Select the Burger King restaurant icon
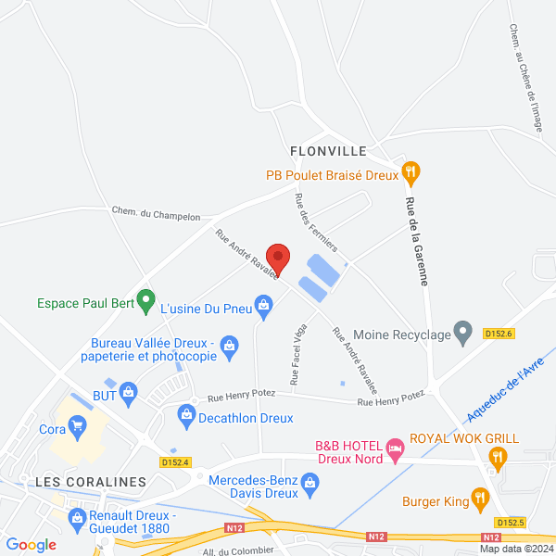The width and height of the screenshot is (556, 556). pos(480,501)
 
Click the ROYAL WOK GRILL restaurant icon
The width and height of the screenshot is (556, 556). pos(498,455)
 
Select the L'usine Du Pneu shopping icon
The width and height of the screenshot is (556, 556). pos(264,304)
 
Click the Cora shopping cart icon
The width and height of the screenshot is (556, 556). pos(78,426)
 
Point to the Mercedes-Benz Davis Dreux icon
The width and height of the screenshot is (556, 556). pos(310,481)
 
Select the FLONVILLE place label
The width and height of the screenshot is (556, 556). pos(328,150)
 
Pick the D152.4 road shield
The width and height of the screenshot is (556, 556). pos(174,461)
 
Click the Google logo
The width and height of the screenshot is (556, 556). pos(31,545)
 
